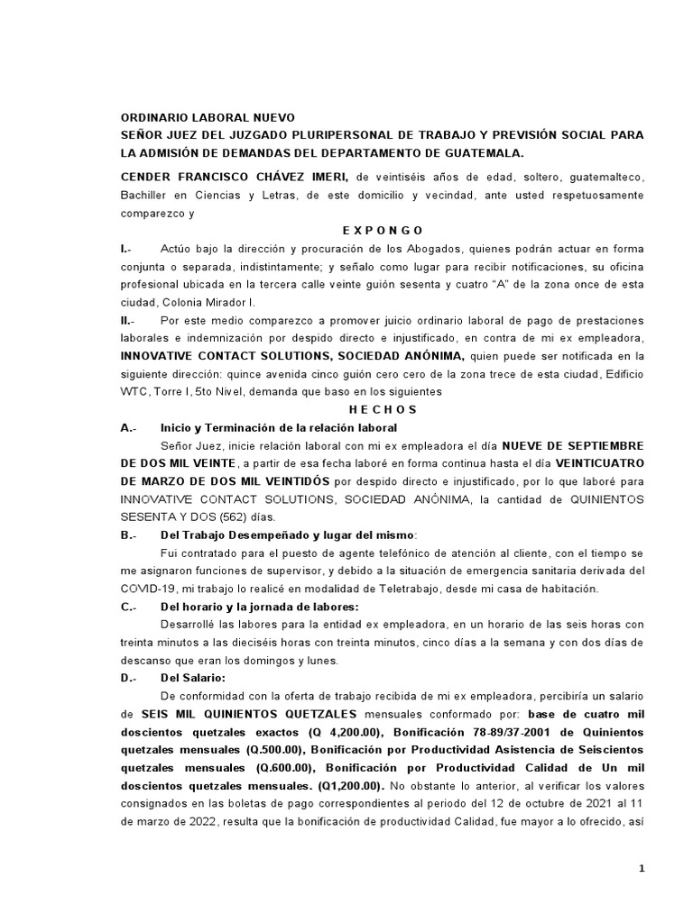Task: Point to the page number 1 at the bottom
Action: pyautogui.click(x=642, y=868)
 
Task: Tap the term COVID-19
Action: pyautogui.click(x=144, y=589)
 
